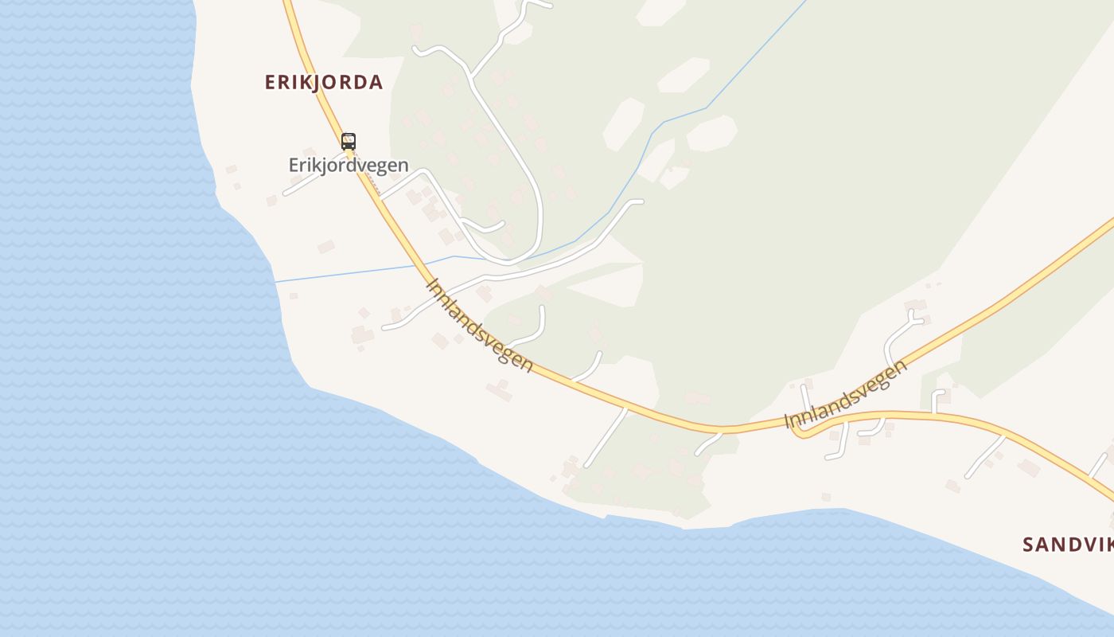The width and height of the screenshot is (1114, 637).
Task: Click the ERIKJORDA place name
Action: [x=324, y=82]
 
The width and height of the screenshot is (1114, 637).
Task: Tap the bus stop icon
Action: [x=349, y=142]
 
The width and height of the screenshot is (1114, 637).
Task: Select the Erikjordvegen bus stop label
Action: [x=349, y=166]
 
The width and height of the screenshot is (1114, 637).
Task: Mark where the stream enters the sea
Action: [x=275, y=282]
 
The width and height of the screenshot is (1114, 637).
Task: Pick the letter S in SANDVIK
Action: [x=1028, y=545]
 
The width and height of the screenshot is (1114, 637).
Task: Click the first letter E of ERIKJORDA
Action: [x=271, y=82]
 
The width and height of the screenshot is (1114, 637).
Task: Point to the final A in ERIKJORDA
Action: [x=376, y=82]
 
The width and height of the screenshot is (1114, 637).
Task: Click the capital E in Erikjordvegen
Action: [x=293, y=166]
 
